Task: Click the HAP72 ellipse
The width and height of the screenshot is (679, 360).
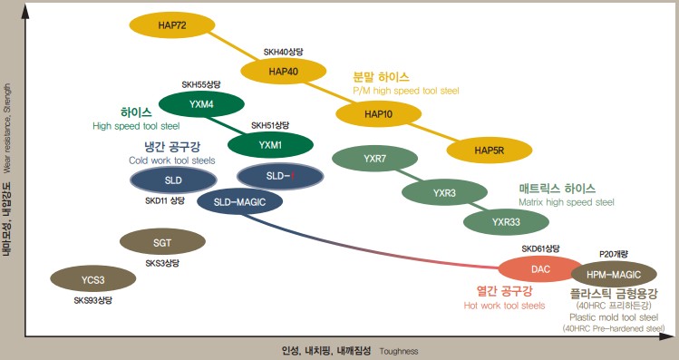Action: pyautogui.click(x=172, y=24)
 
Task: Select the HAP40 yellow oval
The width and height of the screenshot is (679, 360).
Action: pyautogui.click(x=284, y=71)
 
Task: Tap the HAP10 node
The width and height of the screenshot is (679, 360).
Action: pyautogui.click(x=378, y=114)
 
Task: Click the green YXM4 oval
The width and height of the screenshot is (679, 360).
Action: pyautogui.click(x=202, y=104)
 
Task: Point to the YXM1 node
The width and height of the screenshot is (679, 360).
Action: pyautogui.click(x=270, y=144)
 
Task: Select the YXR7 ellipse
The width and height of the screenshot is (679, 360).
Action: pyautogui.click(x=375, y=159)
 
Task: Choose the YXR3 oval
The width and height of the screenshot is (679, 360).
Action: pyautogui.click(x=444, y=192)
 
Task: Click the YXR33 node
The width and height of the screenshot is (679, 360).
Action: pyautogui.click(x=506, y=220)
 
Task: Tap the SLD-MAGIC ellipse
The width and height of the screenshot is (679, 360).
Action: pyautogui.click(x=239, y=202)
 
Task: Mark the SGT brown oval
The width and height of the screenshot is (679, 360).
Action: pyautogui.click(x=162, y=242)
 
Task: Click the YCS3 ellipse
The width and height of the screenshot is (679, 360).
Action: pyautogui.click(x=92, y=279)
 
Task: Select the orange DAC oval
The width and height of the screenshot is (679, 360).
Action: pyautogui.click(x=540, y=268)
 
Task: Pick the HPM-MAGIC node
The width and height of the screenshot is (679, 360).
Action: pyautogui.click(x=614, y=273)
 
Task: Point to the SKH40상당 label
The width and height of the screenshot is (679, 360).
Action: pyautogui.click(x=284, y=52)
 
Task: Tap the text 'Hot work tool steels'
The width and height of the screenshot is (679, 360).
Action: pyautogui.click(x=504, y=306)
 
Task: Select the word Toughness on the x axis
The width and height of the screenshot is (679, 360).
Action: pyautogui.click(x=399, y=349)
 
